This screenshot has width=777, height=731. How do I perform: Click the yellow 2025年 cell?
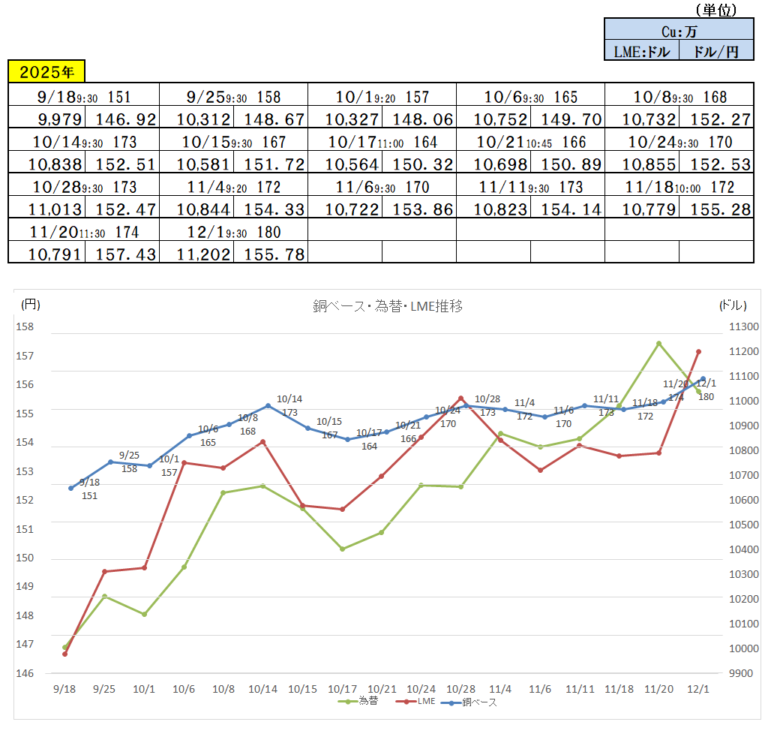click(46, 72)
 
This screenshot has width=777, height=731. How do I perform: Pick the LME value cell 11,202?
click(196, 254)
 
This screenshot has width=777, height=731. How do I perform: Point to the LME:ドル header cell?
click(641, 51)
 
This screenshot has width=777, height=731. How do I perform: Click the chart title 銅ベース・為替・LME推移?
click(392, 306)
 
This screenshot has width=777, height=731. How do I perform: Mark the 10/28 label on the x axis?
click(460, 688)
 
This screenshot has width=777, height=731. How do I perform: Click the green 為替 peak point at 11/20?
click(658, 344)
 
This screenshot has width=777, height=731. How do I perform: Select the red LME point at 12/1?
click(698, 351)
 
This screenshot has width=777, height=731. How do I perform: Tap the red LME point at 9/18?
click(65, 654)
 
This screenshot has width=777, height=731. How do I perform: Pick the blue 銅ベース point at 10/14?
click(268, 406)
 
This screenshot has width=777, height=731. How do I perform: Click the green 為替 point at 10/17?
click(342, 549)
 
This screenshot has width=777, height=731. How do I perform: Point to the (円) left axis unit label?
click(30, 305)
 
